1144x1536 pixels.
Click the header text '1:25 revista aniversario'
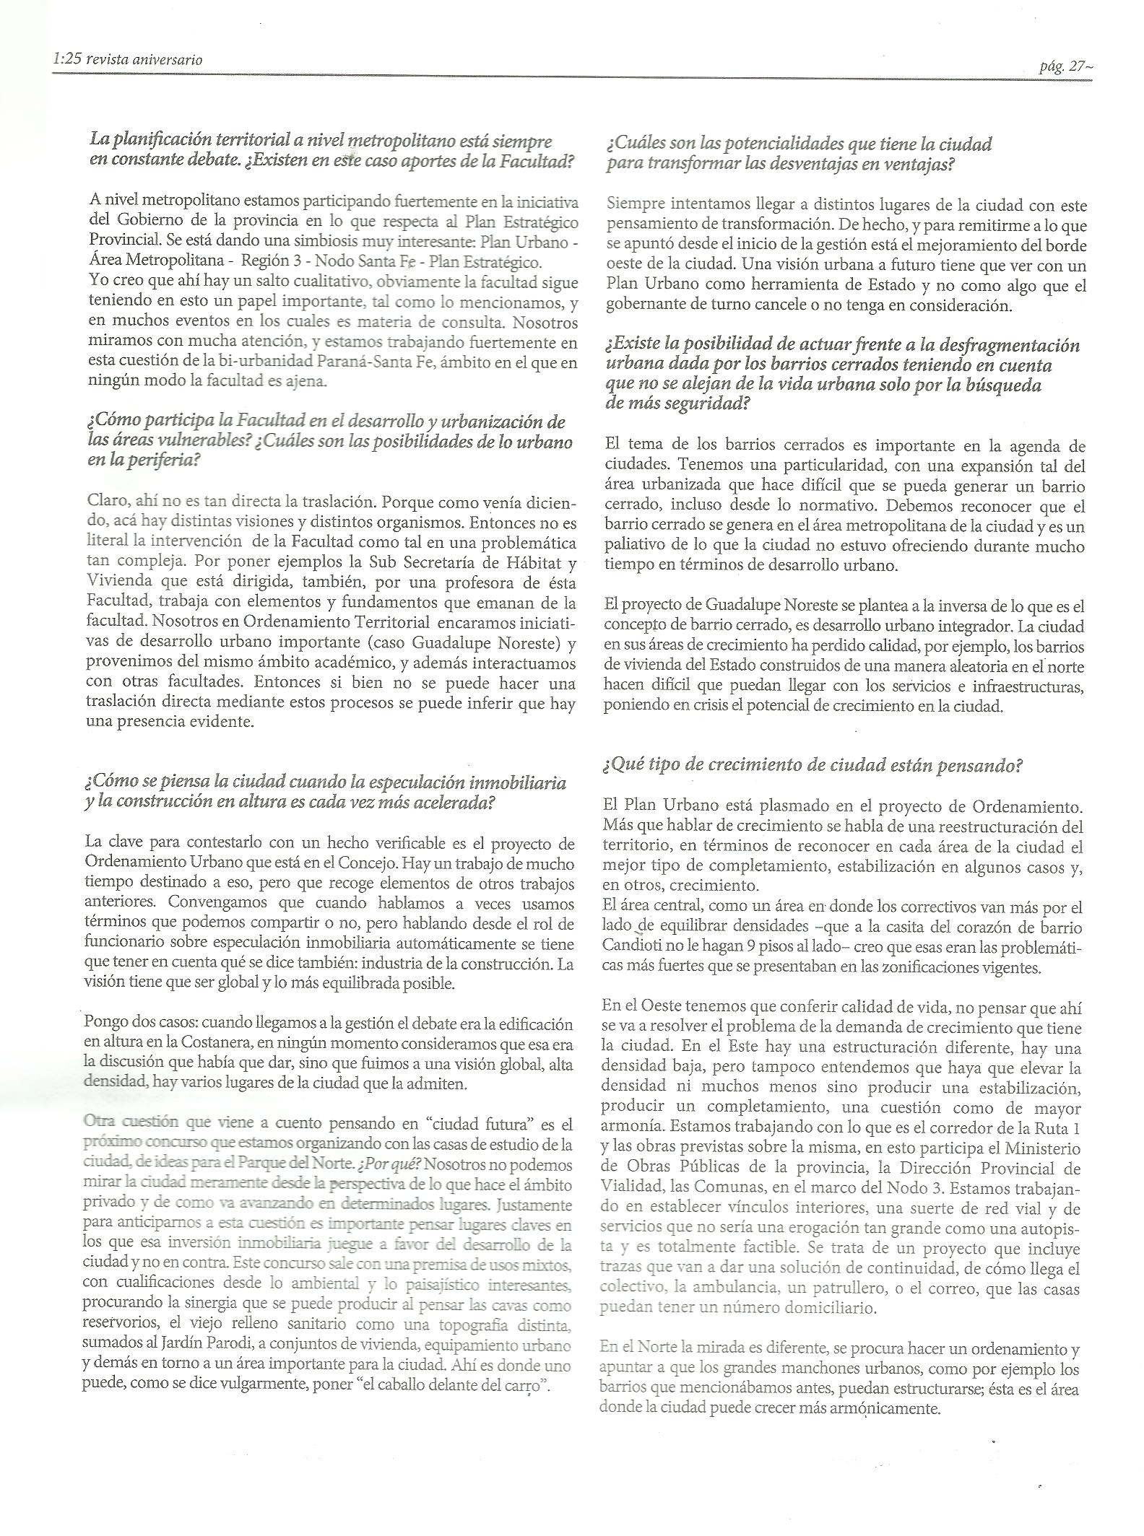(127, 60)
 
